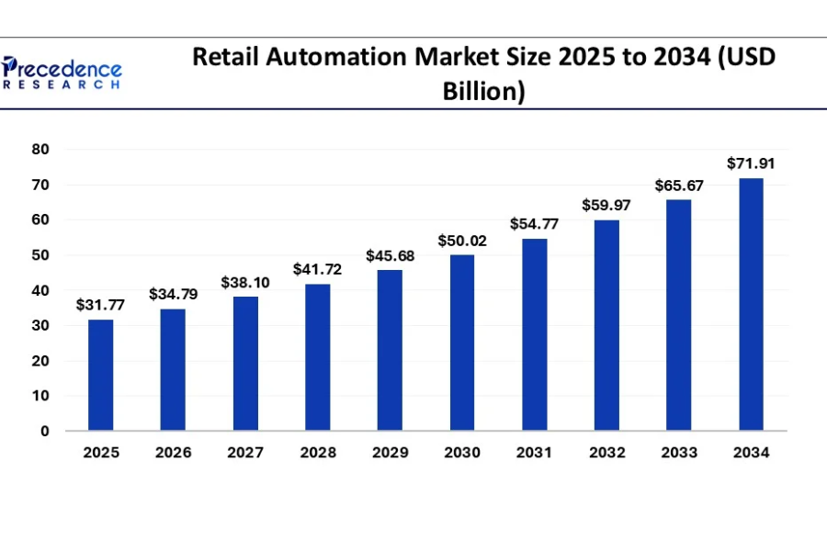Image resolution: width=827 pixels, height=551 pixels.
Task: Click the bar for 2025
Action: pyautogui.click(x=101, y=375)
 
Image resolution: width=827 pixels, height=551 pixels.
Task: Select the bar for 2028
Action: pyautogui.click(x=318, y=357)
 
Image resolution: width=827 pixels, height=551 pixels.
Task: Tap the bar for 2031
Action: pyautogui.click(x=535, y=334)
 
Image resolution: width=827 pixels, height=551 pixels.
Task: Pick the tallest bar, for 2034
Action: pyautogui.click(x=752, y=304)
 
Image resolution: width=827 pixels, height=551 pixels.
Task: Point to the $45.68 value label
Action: pyautogui.click(x=390, y=256)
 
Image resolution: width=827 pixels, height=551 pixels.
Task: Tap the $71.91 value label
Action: pyautogui.click(x=752, y=163)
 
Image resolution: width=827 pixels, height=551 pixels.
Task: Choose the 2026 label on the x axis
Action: pyautogui.click(x=173, y=453)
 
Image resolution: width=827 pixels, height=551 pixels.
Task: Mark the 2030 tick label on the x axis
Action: pyautogui.click(x=462, y=453)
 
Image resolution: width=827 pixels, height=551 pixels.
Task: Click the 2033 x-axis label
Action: pyautogui.click(x=679, y=453)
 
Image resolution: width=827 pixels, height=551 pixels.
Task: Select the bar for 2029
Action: pyautogui.click(x=390, y=350)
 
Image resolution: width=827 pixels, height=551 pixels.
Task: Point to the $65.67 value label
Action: pyautogui.click(x=679, y=186)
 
